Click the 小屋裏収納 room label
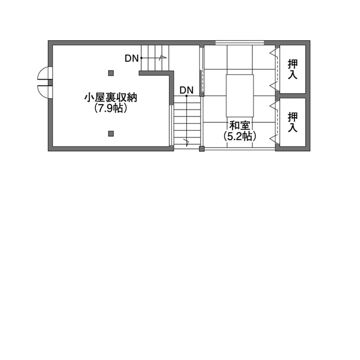(x=111, y=98)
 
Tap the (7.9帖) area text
(x=111, y=108)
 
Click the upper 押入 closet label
(x=293, y=69)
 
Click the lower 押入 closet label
(x=293, y=122)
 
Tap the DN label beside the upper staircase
(x=132, y=58)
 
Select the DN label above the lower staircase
(x=186, y=90)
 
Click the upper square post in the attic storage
(x=111, y=73)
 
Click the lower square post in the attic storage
(x=111, y=133)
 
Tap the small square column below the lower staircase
(x=202, y=149)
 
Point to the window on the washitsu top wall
(x=239, y=42)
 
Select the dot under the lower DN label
(x=186, y=96)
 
